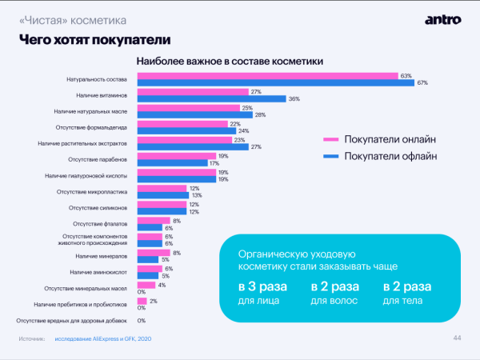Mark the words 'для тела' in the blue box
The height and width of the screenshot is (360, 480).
click(402, 301)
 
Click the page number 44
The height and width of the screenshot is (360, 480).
click(457, 338)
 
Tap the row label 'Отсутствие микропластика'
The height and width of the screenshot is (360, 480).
click(94, 192)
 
